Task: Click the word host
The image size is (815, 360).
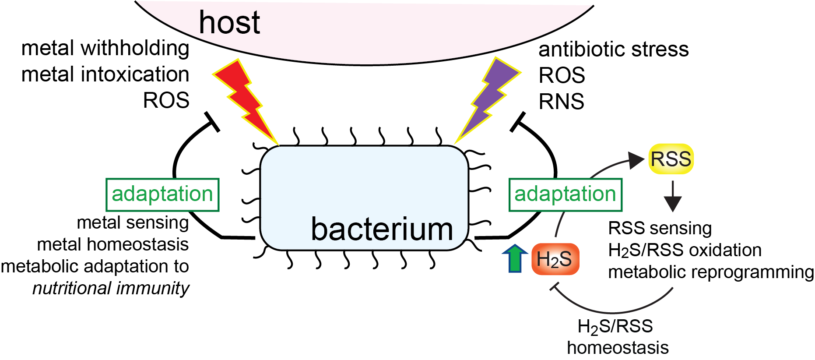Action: pyautogui.click(x=229, y=23)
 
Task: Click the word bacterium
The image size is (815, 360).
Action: pyautogui.click(x=382, y=229)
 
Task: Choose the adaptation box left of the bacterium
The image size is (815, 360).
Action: pyautogui.click(x=162, y=194)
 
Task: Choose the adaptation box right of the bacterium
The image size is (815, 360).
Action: pyautogui.click(x=565, y=194)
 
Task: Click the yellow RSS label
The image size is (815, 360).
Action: pyautogui.click(x=671, y=159)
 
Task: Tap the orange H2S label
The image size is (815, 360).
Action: pyautogui.click(x=555, y=259)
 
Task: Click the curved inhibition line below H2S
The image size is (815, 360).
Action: pyautogui.click(x=613, y=312)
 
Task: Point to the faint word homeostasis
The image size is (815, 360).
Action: pyautogui.click(x=618, y=348)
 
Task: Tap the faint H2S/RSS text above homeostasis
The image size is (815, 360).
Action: pyautogui.click(x=615, y=327)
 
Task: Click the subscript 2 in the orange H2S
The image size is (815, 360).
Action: pyautogui.click(x=555, y=263)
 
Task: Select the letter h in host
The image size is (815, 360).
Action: pyautogui.click(x=206, y=23)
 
